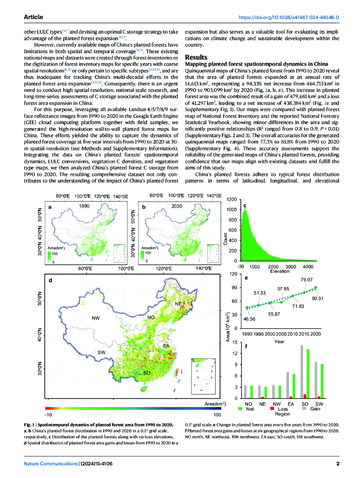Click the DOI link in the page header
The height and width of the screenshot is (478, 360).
(x=289, y=17)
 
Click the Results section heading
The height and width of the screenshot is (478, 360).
(x=196, y=57)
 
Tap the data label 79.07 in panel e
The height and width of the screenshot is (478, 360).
(x=307, y=280)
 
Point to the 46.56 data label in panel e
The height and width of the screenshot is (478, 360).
(x=249, y=319)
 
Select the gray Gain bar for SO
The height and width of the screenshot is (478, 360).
(x=302, y=372)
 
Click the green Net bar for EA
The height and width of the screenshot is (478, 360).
(x=294, y=386)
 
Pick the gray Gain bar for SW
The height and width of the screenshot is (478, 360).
(x=316, y=380)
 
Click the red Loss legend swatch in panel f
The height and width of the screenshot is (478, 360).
(x=272, y=408)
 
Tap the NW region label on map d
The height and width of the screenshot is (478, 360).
(x=96, y=318)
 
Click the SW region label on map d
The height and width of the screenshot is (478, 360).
(x=101, y=352)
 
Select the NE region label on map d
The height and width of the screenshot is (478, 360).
(x=178, y=303)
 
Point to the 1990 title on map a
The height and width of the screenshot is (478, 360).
(x=84, y=206)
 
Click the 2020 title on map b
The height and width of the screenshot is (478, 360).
(x=176, y=206)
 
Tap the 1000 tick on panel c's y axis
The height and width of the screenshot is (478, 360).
(x=232, y=210)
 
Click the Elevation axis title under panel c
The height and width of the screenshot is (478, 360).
(x=280, y=271)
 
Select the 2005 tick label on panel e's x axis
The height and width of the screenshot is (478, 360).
(x=281, y=334)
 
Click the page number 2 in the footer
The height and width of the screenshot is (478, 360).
(x=338, y=464)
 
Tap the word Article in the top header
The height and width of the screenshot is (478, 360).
(x=34, y=17)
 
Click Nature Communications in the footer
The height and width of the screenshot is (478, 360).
(x=51, y=464)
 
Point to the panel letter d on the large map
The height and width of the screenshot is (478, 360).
(x=50, y=280)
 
